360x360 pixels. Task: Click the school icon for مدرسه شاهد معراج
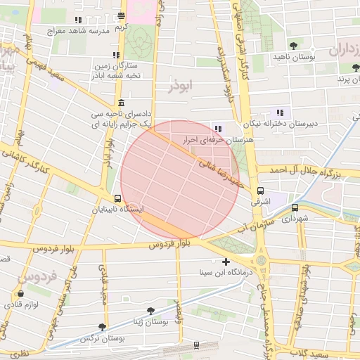(x=77, y=20)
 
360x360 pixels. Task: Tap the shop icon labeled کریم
(x=122, y=15)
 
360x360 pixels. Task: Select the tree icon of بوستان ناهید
(x=293, y=45)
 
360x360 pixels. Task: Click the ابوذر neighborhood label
(x=180, y=85)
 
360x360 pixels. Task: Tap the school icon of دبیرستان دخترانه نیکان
(x=280, y=112)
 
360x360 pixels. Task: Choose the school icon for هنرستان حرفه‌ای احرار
(x=218, y=128)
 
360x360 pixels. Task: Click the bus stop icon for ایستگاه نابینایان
(x=117, y=198)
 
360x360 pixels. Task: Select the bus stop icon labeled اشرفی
(x=260, y=191)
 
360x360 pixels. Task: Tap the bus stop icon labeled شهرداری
(x=295, y=207)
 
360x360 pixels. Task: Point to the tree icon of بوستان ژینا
(x=150, y=310)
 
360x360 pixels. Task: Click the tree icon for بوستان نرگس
(x=103, y=327)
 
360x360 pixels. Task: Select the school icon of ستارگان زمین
(x=116, y=55)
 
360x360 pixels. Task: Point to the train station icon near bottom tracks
(x=195, y=345)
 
